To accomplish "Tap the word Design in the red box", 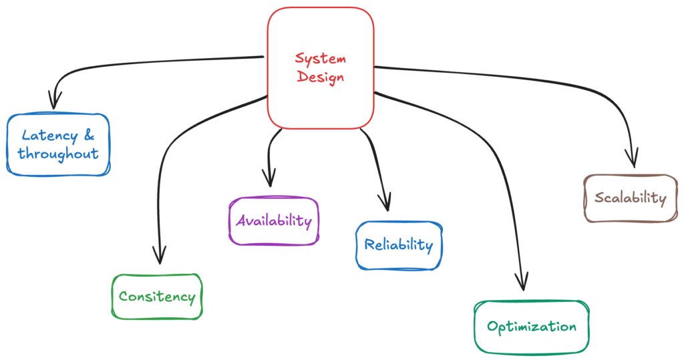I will pyautogui.click(x=321, y=77).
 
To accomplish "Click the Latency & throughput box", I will pyautogui.click(x=57, y=145).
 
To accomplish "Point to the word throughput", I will pyautogui.click(x=58, y=154).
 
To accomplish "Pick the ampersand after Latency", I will pyautogui.click(x=88, y=136).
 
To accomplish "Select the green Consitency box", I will pyautogui.click(x=156, y=297).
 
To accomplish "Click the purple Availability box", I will pyautogui.click(x=273, y=220).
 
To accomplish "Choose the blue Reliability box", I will pyautogui.click(x=398, y=245).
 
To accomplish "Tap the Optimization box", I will pyautogui.click(x=532, y=327).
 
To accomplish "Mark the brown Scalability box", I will pyautogui.click(x=630, y=198).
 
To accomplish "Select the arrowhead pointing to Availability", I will pyautogui.click(x=269, y=178).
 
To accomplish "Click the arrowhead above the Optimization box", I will pyautogui.click(x=522, y=282).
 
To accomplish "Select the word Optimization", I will pyautogui.click(x=532, y=327).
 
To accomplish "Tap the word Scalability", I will pyautogui.click(x=630, y=198).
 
